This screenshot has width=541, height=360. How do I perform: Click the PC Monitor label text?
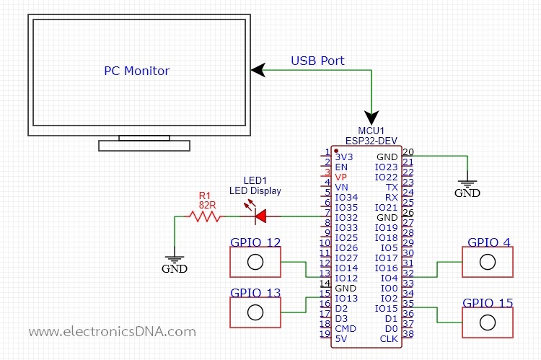tap(137, 71)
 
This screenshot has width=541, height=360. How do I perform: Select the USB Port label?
tap(317, 61)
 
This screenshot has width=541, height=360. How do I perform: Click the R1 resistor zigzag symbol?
tap(205, 216)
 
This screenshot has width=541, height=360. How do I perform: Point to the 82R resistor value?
tap(207, 205)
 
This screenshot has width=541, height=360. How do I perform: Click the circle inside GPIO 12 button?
tap(255, 262)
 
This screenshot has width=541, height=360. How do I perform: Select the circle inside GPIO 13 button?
tap(255, 312)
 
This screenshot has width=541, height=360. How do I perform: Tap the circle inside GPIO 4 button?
tap(488, 262)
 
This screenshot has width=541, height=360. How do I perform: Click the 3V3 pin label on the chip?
tap(344, 157)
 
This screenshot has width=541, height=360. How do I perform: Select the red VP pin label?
tap(341, 177)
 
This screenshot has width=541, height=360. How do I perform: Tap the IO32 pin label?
tap(346, 217)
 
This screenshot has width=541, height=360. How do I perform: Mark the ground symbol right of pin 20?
tap(467, 185)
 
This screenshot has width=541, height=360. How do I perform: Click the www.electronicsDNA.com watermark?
tap(112, 332)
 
